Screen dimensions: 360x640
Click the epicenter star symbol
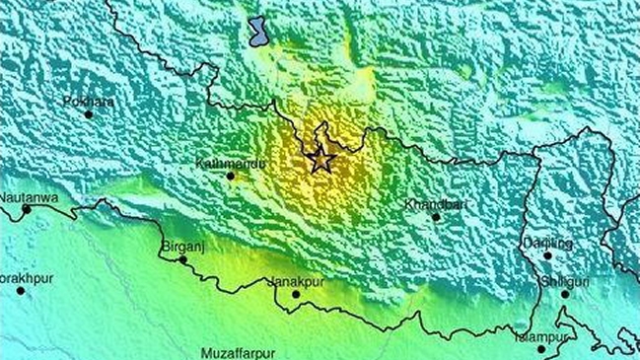click(x=320, y=159)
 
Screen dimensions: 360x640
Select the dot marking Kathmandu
click(x=231, y=177)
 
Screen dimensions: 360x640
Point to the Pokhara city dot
click(x=89, y=113)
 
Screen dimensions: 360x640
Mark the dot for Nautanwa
click(x=27, y=209)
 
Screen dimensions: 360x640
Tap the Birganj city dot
click(x=182, y=260)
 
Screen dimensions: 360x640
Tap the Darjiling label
click(x=549, y=243)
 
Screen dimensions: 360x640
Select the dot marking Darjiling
click(x=548, y=255)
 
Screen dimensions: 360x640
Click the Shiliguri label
click(x=553, y=280)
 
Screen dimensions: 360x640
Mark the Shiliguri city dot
click(x=565, y=293)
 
